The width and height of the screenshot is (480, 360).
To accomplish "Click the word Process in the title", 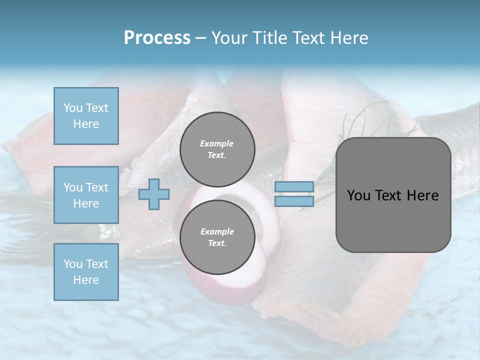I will (x=157, y=38).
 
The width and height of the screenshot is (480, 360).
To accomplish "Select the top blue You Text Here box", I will (x=86, y=116).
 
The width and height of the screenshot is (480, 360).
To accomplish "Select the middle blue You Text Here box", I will (x=86, y=195).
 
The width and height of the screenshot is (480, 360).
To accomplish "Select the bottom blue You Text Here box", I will (x=86, y=271).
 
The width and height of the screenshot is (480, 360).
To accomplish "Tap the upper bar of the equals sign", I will (x=294, y=187).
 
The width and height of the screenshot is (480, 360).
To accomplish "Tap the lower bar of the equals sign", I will (x=294, y=201).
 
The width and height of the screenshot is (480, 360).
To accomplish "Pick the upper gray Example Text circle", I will (x=217, y=149).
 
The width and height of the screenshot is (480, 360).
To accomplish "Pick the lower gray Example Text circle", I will (x=217, y=237).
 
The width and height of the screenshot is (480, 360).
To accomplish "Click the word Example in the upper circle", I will (x=217, y=143).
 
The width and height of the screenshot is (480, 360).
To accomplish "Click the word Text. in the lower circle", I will (x=217, y=243).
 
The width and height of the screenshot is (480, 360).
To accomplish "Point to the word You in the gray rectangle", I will (x=357, y=195).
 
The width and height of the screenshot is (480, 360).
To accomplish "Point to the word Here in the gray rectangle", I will (x=422, y=195).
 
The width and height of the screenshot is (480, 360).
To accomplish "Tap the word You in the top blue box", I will (x=72, y=108).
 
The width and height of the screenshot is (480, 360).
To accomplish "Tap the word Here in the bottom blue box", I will (x=86, y=280).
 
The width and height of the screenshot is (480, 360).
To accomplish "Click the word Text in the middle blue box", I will (x=96, y=187).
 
